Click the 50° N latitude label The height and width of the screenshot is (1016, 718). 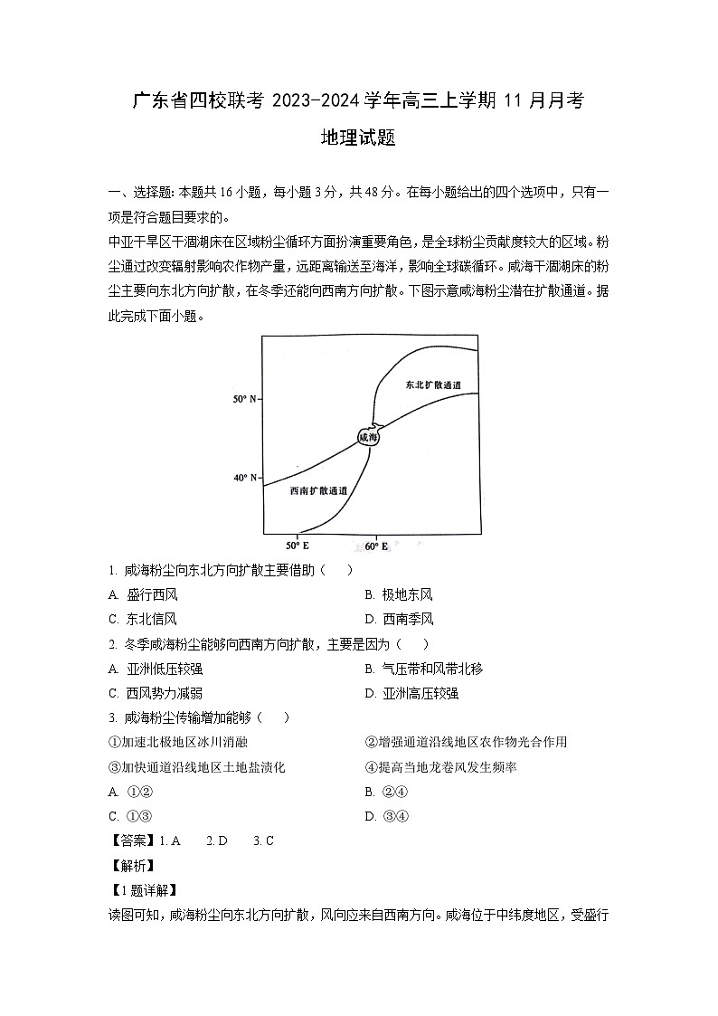[244, 398]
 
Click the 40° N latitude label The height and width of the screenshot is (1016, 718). [244, 477]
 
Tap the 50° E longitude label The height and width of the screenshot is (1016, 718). [298, 546]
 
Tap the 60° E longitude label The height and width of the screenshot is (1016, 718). [376, 546]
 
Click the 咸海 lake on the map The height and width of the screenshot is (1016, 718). [368, 437]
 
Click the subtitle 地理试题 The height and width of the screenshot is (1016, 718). [359, 138]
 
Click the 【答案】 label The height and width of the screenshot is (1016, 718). [132, 840]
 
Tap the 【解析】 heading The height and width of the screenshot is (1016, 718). [132, 866]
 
